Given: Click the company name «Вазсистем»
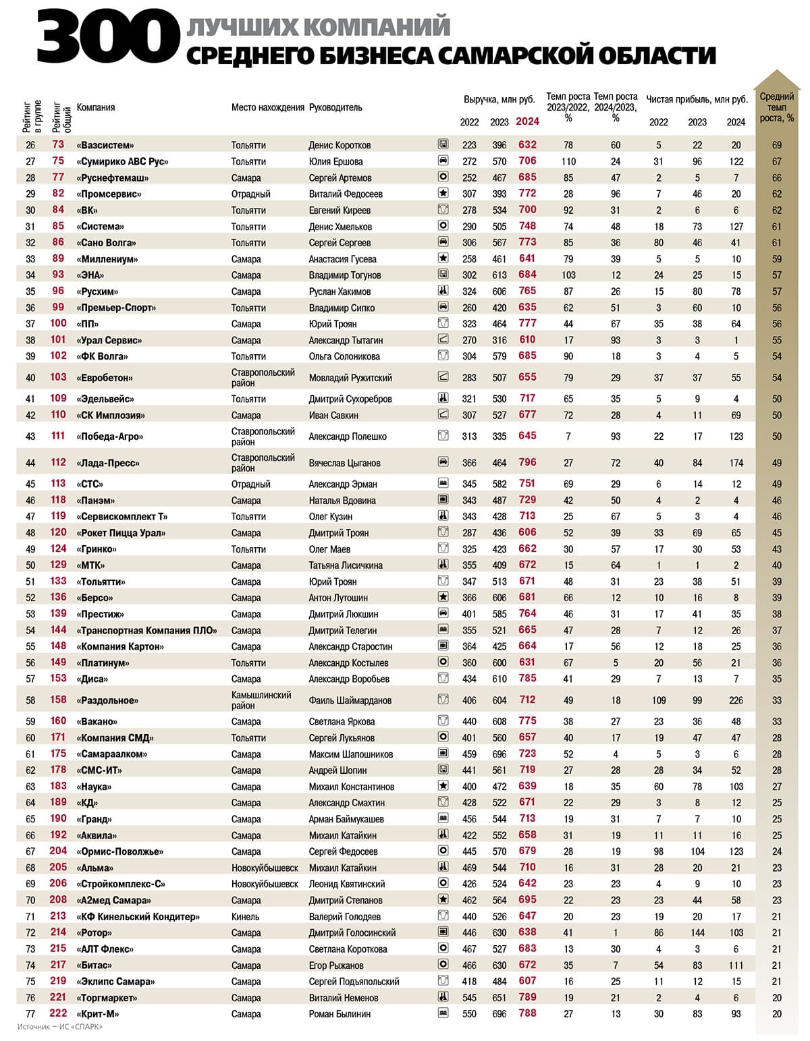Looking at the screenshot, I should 105,145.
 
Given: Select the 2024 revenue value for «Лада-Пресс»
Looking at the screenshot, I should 527,463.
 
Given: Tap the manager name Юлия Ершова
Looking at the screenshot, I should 335,161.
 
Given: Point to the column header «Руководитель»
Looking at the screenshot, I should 335,107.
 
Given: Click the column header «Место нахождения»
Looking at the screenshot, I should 268,107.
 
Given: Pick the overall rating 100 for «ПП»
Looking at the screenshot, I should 58,324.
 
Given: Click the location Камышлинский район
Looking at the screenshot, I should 261,700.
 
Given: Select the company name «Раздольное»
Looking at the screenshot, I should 107,700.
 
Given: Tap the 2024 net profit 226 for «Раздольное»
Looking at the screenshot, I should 736,700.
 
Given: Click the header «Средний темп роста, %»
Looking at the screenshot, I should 776,107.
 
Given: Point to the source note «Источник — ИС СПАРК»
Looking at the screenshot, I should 60,1027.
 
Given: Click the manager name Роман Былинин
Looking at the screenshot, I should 340,1013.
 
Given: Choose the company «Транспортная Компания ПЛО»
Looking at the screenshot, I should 147,630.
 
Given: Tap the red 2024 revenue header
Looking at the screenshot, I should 527,121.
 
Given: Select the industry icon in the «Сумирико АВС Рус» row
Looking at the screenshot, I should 443,161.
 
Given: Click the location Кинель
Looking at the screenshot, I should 245,916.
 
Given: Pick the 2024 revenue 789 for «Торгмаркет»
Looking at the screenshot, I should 527,997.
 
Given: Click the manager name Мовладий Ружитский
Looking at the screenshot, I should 350,378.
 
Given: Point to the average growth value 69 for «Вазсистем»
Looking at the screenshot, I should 776,145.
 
